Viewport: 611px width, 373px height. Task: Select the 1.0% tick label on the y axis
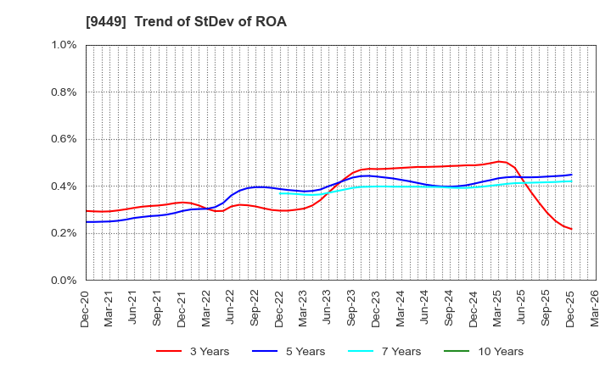pyautogui.click(x=64, y=45)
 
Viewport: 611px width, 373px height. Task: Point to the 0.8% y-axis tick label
pyautogui.click(x=64, y=92)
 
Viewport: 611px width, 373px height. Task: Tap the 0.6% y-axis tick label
pyautogui.click(x=64, y=139)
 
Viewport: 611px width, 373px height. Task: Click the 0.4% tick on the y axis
pyautogui.click(x=64, y=186)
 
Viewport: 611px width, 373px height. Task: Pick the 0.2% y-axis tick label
pyautogui.click(x=64, y=233)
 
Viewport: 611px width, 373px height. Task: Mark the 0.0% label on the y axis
pyautogui.click(x=64, y=280)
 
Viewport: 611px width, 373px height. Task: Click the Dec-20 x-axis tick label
pyautogui.click(x=86, y=307)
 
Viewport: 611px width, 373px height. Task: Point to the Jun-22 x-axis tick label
pyautogui.click(x=231, y=307)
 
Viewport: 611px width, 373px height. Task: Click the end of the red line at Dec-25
pyautogui.click(x=571, y=229)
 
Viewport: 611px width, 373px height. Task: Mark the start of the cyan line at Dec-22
pyautogui.click(x=280, y=193)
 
